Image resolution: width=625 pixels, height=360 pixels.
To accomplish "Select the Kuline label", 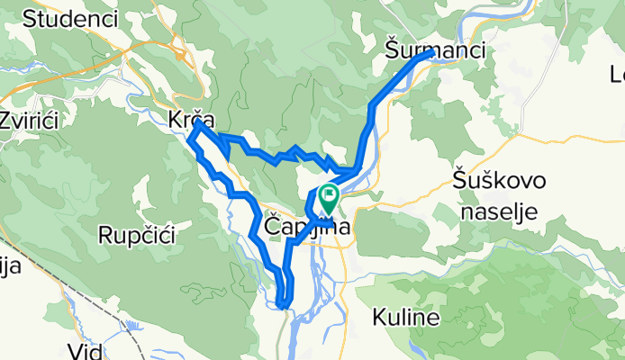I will (x=405, y=318).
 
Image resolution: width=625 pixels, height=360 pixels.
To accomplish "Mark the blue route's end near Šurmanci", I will (x=430, y=53).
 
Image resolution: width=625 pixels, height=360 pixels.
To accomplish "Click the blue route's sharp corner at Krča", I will (x=194, y=135).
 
